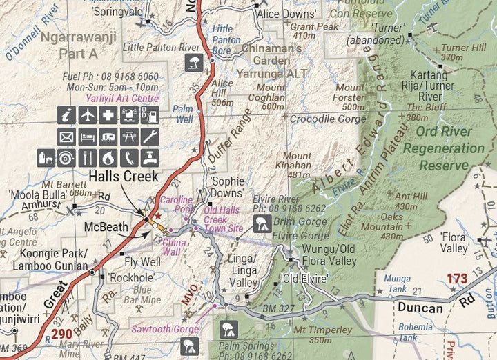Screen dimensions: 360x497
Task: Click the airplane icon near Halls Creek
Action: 87,116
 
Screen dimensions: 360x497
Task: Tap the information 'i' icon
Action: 66,116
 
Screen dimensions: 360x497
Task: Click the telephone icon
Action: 130,158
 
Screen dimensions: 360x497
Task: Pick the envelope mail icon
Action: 66,137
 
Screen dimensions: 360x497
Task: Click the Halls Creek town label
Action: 124,176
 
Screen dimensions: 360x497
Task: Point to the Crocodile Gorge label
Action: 327,119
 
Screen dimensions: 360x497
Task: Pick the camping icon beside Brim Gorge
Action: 262,222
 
